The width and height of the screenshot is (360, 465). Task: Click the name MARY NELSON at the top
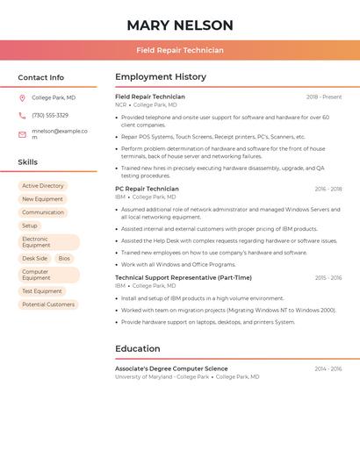[180, 25]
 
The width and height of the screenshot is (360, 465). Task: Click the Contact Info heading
[40, 77]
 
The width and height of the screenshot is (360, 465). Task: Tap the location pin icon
[22, 98]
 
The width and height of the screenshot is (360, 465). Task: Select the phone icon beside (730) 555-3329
[22, 116]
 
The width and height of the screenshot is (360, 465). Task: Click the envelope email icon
[22, 134]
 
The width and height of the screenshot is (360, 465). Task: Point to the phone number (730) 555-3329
[50, 116]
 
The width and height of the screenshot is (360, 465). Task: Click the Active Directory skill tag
[43, 186]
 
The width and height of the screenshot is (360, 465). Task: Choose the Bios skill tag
[64, 259]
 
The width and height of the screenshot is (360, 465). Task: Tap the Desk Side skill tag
[35, 259]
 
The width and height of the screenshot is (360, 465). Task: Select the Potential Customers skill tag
[48, 304]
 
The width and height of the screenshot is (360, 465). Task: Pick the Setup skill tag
[30, 225]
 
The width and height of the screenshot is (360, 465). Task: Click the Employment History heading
[161, 77]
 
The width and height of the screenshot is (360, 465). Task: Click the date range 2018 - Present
[324, 97]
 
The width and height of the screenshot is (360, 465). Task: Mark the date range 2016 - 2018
[328, 189]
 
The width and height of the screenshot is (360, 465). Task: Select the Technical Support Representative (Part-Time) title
[183, 277]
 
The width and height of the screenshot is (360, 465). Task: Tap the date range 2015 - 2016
[328, 277]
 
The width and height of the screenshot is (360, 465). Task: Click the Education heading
[138, 348]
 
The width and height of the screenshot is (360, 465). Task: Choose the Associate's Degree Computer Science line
[171, 368]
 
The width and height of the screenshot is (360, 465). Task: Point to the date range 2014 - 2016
[328, 368]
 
